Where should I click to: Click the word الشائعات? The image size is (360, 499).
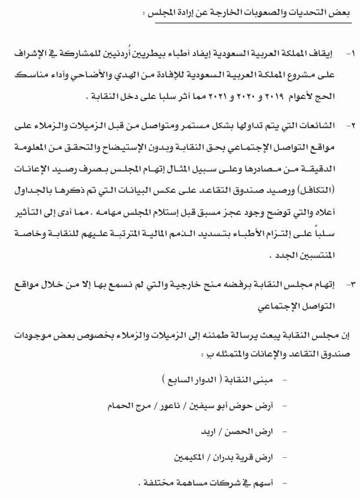tap(321, 125)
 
